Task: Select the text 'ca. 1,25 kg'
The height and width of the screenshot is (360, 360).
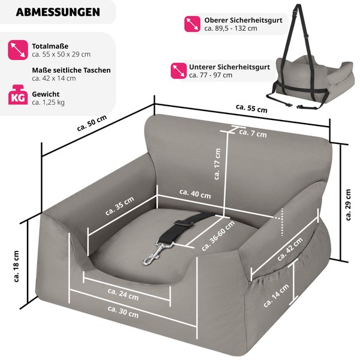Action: pyautogui.click(x=49, y=103)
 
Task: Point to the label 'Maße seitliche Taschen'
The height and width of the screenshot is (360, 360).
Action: pyautogui.click(x=71, y=70)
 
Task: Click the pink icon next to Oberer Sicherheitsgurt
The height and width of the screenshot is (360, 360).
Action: pyautogui.click(x=193, y=24)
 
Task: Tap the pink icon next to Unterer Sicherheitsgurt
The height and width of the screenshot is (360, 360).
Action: pyautogui.click(x=178, y=71)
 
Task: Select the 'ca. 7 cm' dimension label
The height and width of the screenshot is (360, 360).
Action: pyautogui.click(x=253, y=133)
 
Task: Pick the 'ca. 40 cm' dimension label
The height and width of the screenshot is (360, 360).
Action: pyautogui.click(x=196, y=194)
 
